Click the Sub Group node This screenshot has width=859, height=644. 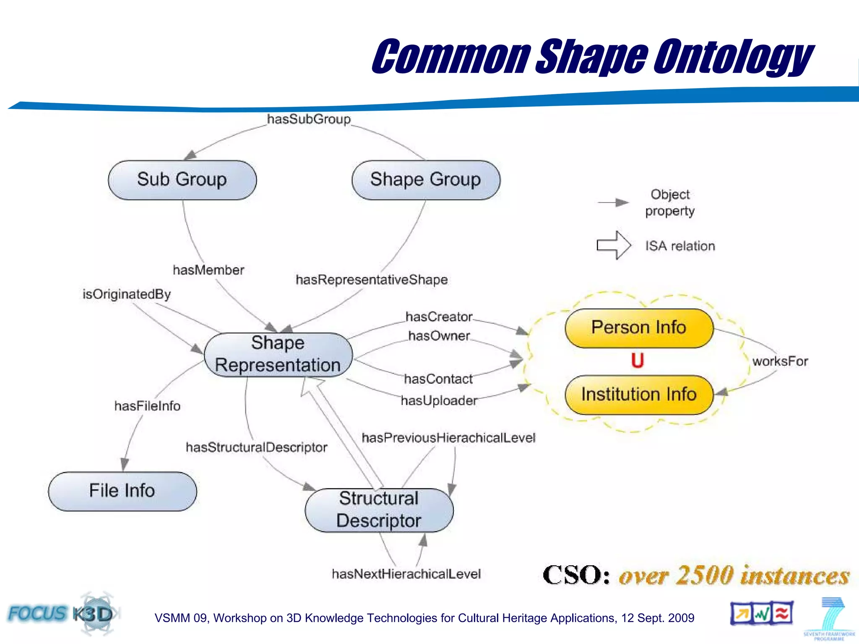point(182,180)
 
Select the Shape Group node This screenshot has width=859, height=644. point(426,180)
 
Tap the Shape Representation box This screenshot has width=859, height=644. point(278,355)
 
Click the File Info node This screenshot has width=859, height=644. point(122,491)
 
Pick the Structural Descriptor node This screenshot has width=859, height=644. point(379,510)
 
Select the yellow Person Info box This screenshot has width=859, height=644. point(639,328)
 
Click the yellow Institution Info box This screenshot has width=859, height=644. point(639,395)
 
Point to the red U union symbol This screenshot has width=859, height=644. point(638,361)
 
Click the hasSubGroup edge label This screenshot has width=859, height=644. point(309,119)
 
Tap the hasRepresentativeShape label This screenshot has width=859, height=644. point(372,280)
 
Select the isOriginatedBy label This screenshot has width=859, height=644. point(127,294)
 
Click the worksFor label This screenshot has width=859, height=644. point(780,361)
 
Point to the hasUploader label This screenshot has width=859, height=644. point(439,401)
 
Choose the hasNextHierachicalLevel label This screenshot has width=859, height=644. point(406,574)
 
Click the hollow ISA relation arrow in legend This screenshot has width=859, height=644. point(614,245)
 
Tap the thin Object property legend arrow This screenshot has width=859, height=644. point(613,203)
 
